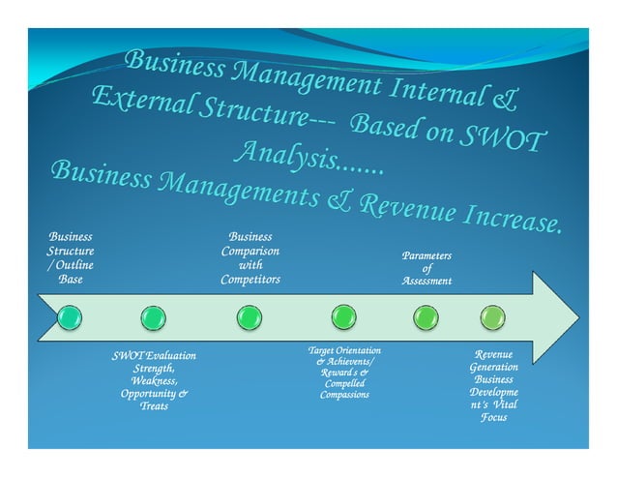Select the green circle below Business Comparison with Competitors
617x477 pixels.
tap(249, 316)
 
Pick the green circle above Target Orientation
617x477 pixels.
tap(343, 316)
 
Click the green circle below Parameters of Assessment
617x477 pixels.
tap(426, 316)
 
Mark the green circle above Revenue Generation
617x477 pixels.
tap(493, 316)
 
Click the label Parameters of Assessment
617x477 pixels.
tap(426, 268)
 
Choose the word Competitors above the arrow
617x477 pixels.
tap(250, 280)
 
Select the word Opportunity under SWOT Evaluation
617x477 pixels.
tap(150, 394)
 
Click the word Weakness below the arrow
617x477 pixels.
tap(154, 381)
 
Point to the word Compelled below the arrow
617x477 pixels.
tap(344, 383)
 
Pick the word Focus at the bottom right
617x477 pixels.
tap(493, 418)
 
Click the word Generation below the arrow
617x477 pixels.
tap(493, 368)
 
